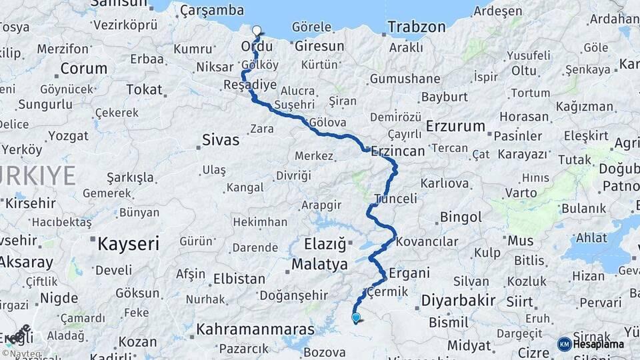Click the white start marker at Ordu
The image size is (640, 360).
tap(257, 30)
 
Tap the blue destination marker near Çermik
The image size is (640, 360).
tap(356, 318)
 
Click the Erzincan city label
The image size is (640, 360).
tap(398, 151)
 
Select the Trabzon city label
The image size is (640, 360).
tap(416, 27)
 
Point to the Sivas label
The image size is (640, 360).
tap(220, 141)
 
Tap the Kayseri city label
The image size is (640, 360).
tap(128, 244)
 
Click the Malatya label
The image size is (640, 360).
tap(320, 265)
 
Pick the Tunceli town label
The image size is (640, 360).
tap(396, 199)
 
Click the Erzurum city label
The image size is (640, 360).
tap(455, 126)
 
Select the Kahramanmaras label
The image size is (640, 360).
tap(255, 329)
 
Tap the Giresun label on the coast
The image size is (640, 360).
tap(319, 47)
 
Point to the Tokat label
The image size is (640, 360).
tap(144, 89)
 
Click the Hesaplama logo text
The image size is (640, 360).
tap(598, 345)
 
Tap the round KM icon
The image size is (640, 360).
tap(564, 345)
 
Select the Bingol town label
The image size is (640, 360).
tap(461, 217)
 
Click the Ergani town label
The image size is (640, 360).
tap(409, 273)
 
